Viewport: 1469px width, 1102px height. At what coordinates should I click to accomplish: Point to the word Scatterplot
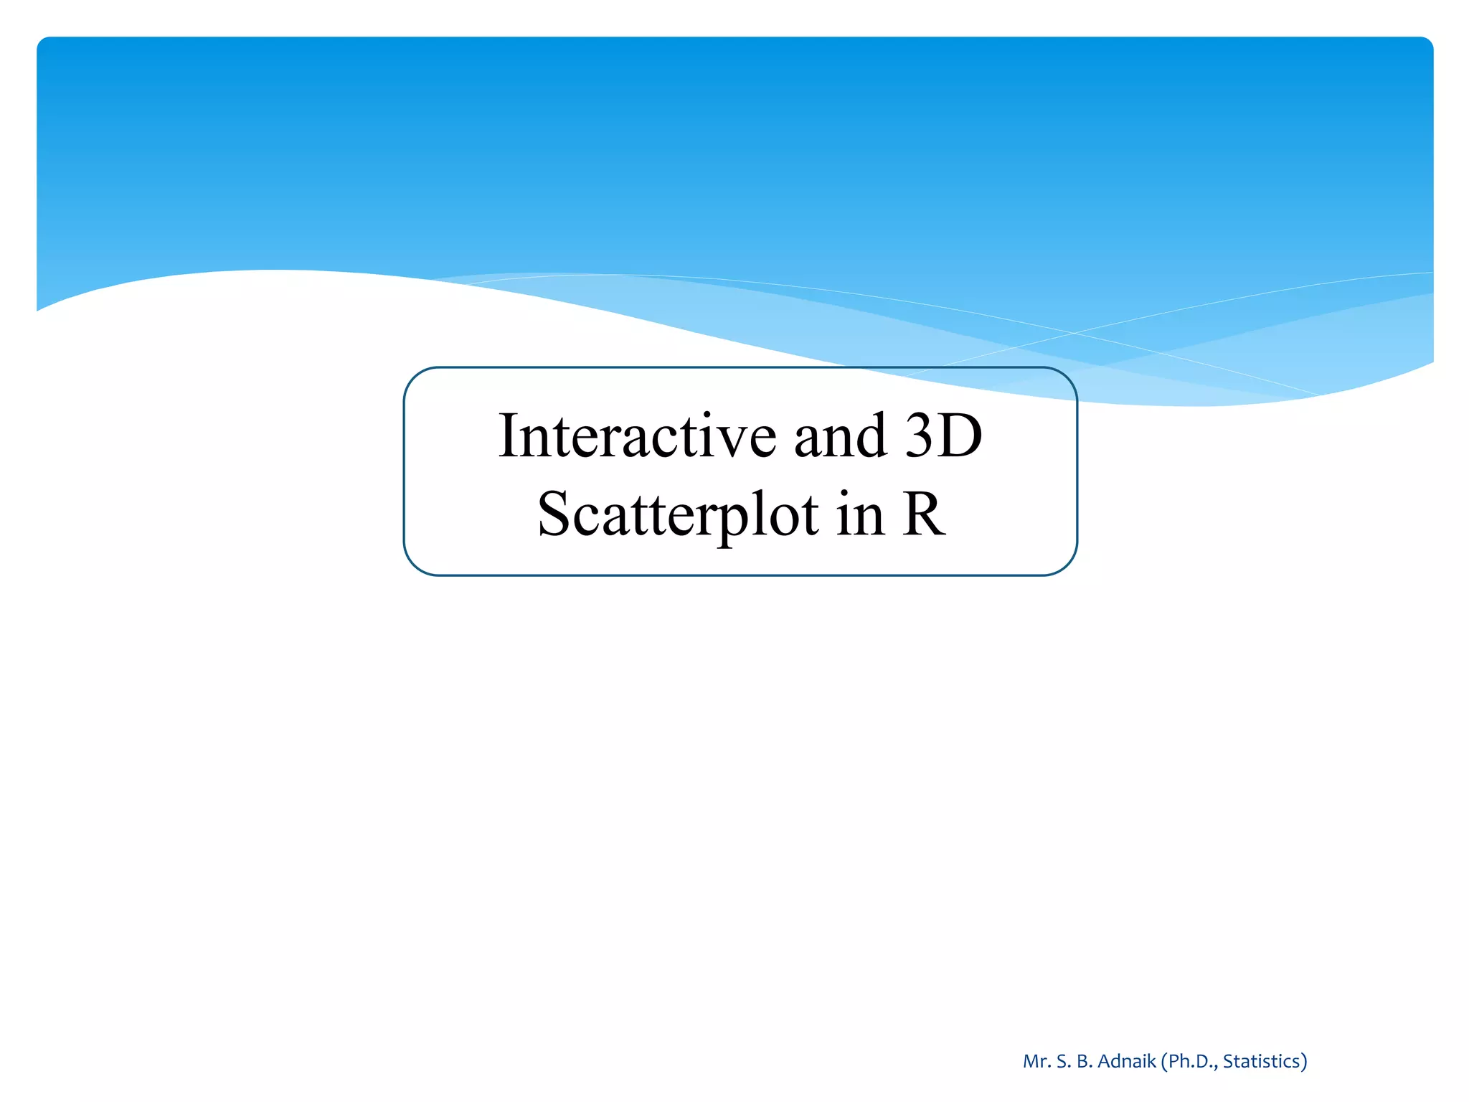678,514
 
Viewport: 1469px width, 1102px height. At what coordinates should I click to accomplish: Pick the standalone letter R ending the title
923,514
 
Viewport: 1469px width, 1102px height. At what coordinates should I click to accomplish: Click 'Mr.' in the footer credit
1036,1061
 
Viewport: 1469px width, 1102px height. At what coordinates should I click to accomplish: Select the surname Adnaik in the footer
1127,1061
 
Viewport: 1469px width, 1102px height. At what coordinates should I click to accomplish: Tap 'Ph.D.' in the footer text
1191,1061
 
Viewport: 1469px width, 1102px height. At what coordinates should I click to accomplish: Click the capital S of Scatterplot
554,514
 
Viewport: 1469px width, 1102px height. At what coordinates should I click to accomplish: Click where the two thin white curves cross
1074,333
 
